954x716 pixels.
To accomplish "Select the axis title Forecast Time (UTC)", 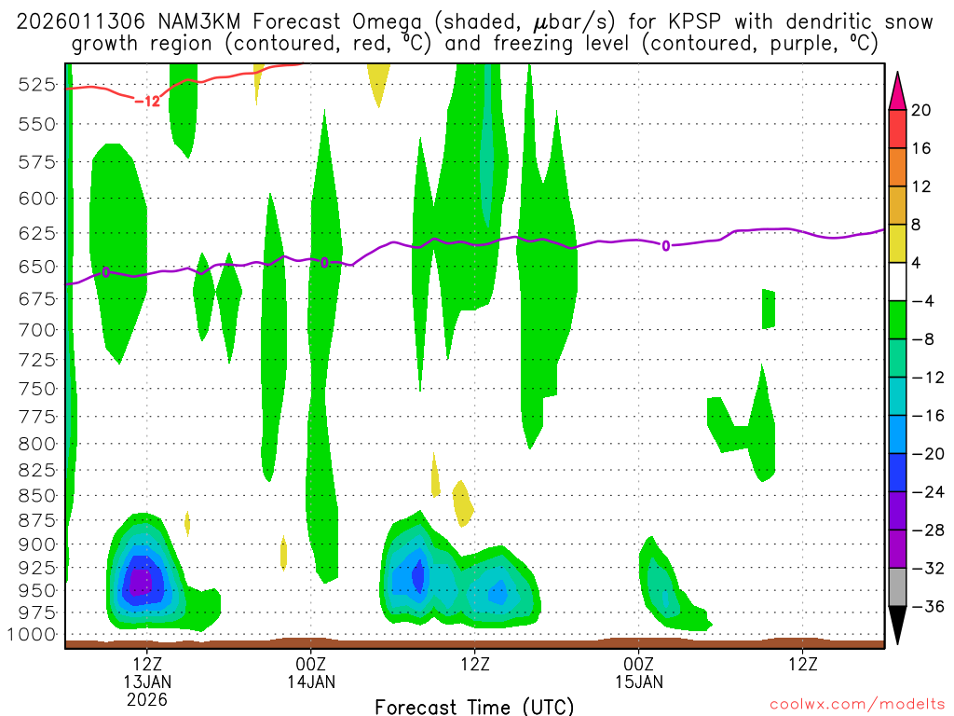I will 474,706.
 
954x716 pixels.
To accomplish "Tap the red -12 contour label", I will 147,101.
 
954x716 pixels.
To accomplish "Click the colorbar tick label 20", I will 921,110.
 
